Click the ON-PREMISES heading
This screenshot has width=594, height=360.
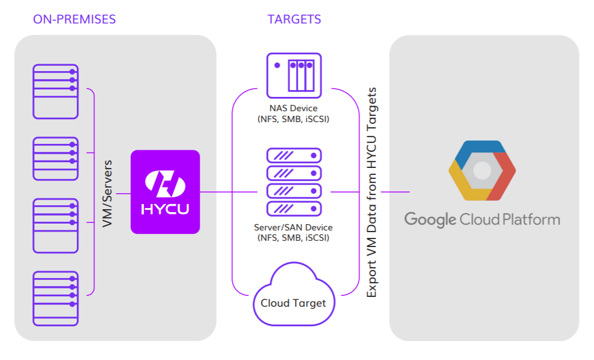[74, 19]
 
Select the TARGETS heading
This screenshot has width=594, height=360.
[294, 19]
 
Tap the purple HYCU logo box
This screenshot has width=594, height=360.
[165, 192]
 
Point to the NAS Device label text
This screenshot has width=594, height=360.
[293, 108]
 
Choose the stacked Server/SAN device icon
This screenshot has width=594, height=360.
[294, 182]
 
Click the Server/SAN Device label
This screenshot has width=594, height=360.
[293, 228]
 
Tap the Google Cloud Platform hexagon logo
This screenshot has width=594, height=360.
[482, 170]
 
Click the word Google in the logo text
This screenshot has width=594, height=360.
[430, 219]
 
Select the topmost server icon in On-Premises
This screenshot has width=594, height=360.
[55, 91]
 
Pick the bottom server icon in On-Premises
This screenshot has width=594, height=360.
[55, 298]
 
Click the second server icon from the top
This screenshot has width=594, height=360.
[55, 159]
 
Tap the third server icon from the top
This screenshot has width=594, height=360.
[55, 225]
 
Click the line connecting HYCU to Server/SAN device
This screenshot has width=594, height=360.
[232, 192]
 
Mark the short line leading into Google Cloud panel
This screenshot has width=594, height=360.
[395, 192]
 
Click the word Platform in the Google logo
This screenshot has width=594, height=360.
[531, 219]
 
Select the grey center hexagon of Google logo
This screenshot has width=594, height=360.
[482, 170]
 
